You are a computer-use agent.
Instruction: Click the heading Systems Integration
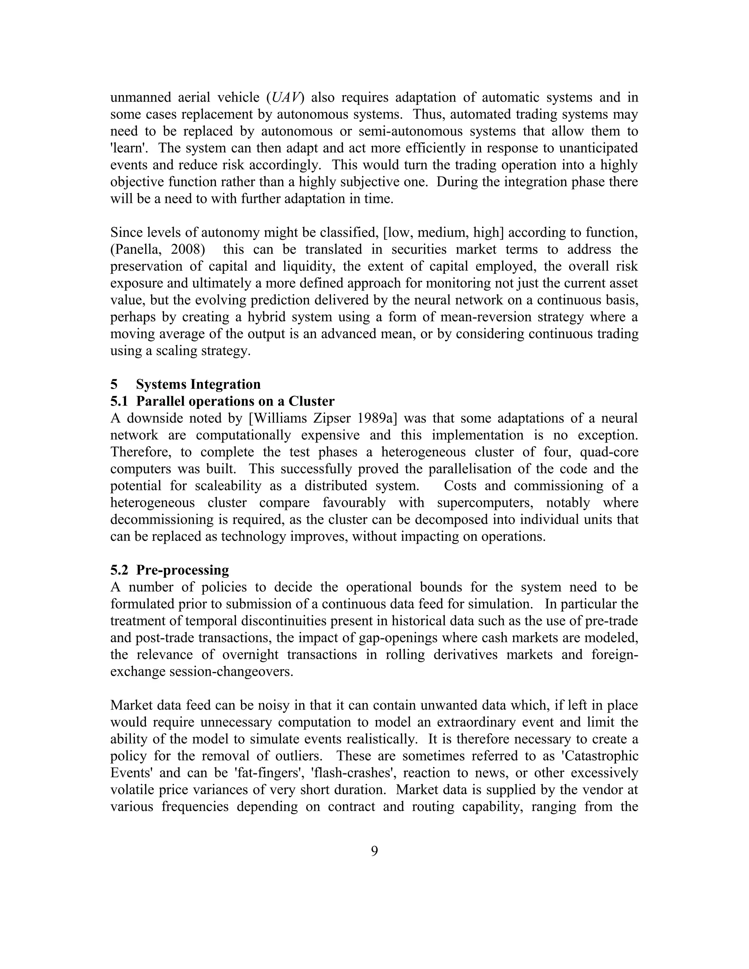pos(198,384)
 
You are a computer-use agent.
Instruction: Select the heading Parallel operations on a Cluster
pos(235,401)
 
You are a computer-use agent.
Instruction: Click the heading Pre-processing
pos(182,570)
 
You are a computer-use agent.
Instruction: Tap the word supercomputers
pos(487,503)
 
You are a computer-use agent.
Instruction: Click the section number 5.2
pos(119,570)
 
